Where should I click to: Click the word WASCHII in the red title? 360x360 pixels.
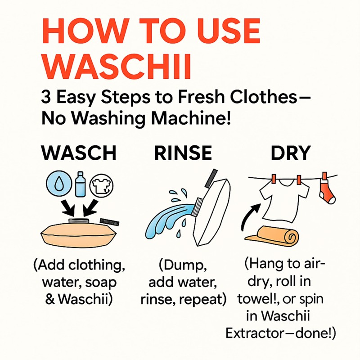point(119,67)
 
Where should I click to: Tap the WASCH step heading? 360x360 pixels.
point(79,153)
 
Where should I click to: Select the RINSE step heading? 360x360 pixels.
point(183,153)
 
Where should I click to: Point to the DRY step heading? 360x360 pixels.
point(290,153)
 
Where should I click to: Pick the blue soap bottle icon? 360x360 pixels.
point(81,184)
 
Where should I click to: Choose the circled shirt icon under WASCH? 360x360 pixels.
point(103,185)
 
